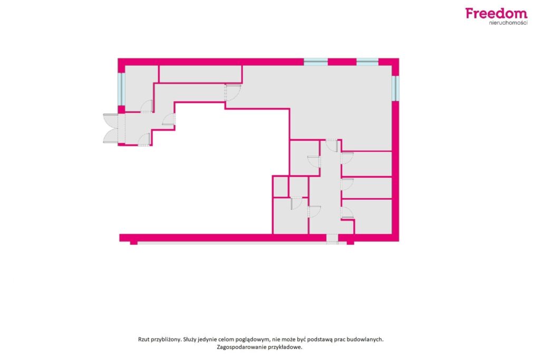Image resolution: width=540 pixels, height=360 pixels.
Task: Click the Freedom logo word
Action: point(496,13)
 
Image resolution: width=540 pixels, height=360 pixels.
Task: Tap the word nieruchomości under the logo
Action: point(508,23)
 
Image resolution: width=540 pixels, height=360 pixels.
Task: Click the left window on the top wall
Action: point(315,62)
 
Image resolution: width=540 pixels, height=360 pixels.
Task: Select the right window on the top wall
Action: point(367,62)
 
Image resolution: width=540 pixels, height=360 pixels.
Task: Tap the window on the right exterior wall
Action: point(396,88)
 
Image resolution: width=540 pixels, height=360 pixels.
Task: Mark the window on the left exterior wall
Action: point(121,89)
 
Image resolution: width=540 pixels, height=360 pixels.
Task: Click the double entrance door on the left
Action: point(111,129)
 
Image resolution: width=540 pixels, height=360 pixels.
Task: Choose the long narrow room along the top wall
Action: point(200,74)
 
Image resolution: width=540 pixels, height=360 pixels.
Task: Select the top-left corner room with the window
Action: point(139,89)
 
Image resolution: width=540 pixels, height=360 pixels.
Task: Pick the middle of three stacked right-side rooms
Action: point(367,188)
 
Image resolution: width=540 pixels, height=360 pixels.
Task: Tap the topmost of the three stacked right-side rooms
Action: point(367,164)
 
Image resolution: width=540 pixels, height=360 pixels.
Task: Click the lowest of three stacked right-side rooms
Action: point(372,217)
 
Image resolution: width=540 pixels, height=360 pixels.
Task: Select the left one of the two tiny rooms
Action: point(281,187)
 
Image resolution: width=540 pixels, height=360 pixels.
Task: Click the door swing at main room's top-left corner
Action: point(233,93)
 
